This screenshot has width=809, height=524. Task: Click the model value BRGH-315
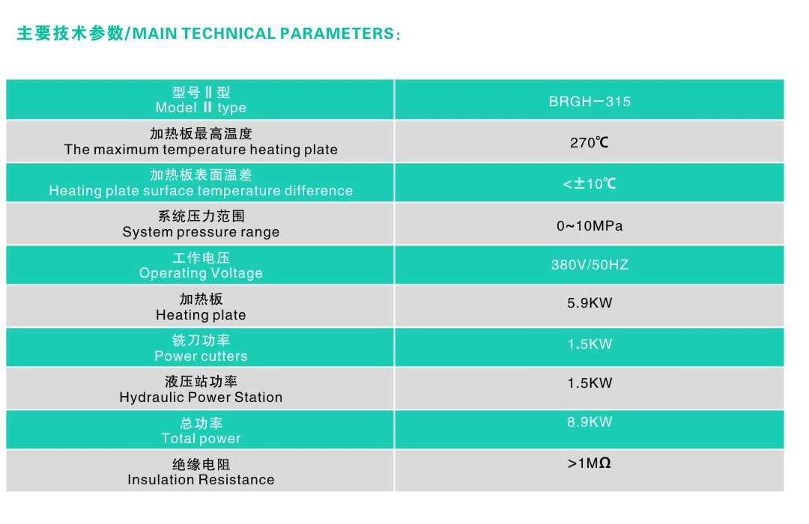(x=590, y=101)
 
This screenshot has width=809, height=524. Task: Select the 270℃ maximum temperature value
(x=590, y=142)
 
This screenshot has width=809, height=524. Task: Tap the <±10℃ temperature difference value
(x=590, y=183)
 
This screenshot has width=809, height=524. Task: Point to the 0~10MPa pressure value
(x=590, y=226)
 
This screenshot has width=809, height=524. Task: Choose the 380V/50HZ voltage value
(x=590, y=265)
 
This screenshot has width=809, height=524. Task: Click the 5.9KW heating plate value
(x=590, y=302)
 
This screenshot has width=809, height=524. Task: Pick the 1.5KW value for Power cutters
(x=590, y=344)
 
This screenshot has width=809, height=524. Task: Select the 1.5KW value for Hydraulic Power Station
(x=590, y=383)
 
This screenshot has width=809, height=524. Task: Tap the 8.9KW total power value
(x=590, y=422)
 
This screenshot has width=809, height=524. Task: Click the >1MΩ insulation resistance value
(x=590, y=463)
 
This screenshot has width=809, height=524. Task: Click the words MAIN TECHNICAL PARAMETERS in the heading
(x=264, y=34)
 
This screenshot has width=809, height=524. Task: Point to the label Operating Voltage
(x=201, y=273)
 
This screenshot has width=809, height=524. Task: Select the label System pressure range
(x=201, y=232)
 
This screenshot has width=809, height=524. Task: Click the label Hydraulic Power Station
(x=201, y=397)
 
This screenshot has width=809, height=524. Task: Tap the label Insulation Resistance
(x=201, y=480)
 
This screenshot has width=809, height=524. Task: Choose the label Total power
(x=201, y=439)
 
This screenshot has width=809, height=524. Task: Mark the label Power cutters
(x=201, y=356)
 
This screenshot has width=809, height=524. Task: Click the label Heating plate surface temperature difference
(x=201, y=191)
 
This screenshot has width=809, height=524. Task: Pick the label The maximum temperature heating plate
(x=201, y=150)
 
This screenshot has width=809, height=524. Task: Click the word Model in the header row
(x=176, y=107)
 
